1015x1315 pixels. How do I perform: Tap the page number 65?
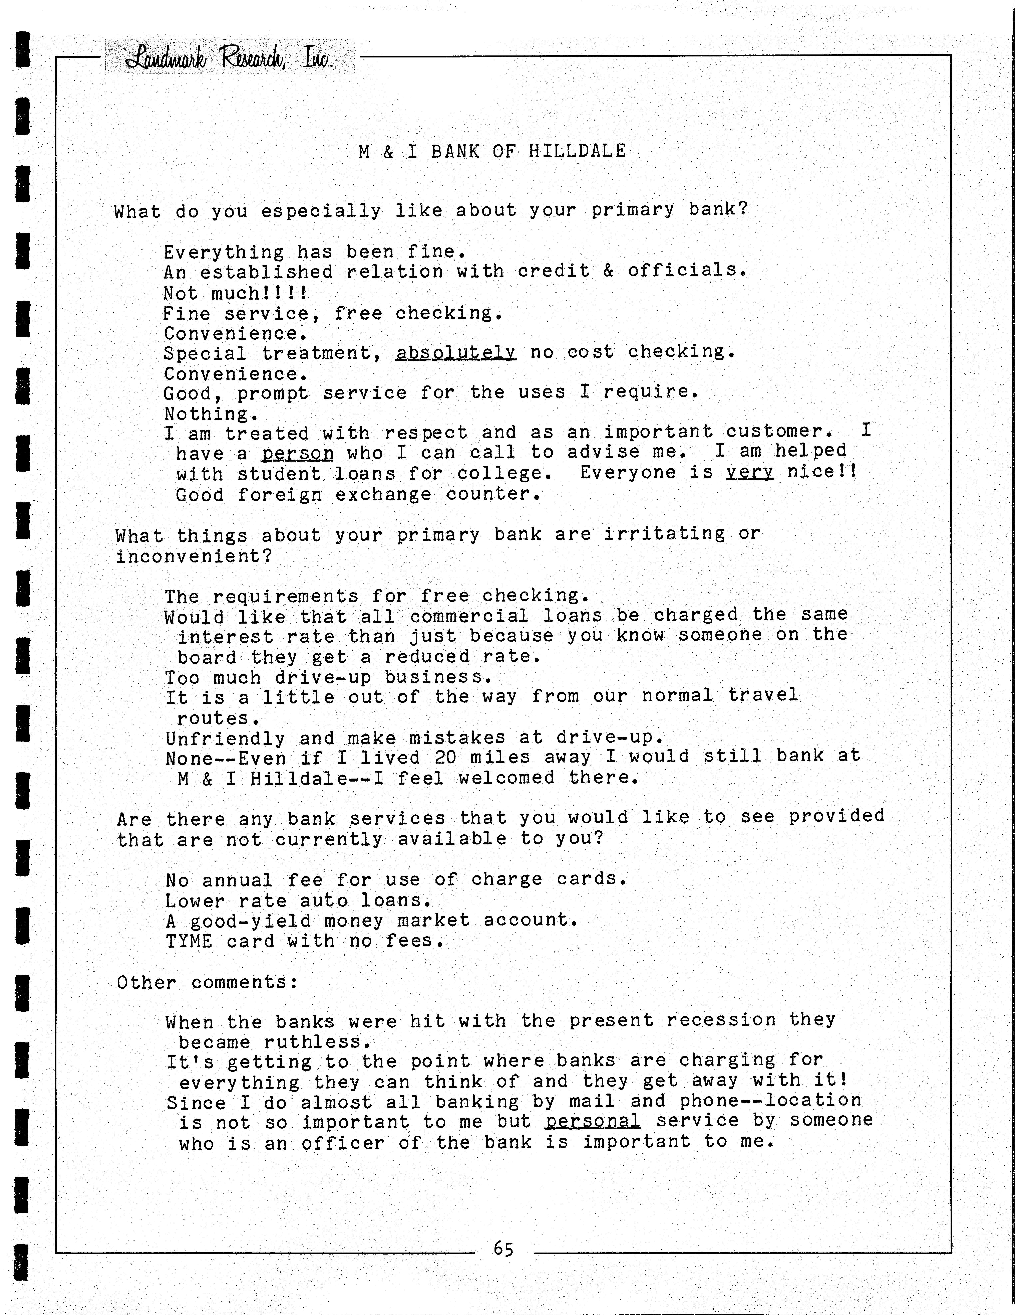(503, 1249)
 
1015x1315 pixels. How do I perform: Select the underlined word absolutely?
(455, 352)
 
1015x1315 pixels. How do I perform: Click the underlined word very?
(749, 471)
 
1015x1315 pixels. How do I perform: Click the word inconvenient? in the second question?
(194, 556)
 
